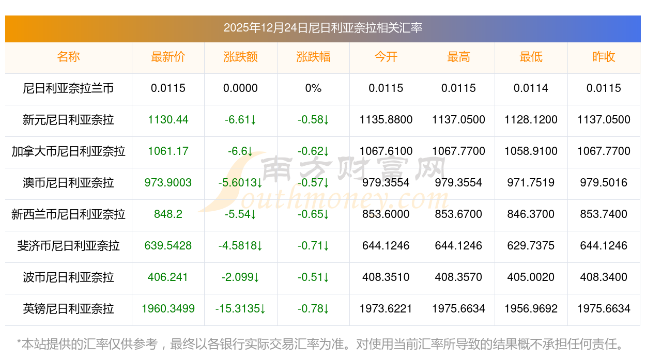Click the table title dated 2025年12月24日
coord(323,28)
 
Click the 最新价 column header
coord(168,57)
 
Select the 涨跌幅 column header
coord(313,57)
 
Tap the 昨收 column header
coord(604,57)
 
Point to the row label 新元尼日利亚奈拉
coord(68,120)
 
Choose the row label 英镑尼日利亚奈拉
coord(68,309)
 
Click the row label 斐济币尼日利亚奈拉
coord(68,246)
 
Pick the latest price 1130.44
coord(168,120)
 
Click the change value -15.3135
coord(240,309)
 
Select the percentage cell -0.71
coord(313,246)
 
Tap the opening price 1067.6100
coord(386,151)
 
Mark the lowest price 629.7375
coord(531,246)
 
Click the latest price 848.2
coord(168,214)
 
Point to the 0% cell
coord(313,88)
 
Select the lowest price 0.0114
coord(531,88)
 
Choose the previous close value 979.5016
coord(604,183)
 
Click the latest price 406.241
coord(168,277)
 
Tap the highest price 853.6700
coord(458,214)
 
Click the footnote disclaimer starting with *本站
coord(320,343)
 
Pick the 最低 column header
coord(531,57)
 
